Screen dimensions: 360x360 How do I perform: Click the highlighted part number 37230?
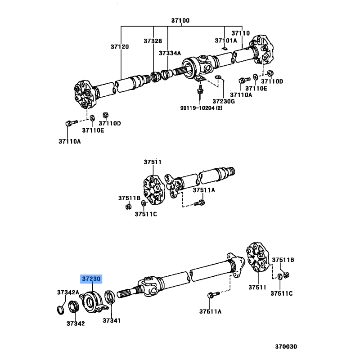(x=91, y=279)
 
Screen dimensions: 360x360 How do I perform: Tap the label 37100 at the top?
(x=180, y=21)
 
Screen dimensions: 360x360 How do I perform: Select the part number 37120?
(x=120, y=47)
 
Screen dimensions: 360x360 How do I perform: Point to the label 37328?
(x=153, y=41)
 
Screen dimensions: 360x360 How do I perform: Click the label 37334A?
(x=170, y=53)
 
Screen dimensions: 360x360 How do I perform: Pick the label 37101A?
(x=226, y=40)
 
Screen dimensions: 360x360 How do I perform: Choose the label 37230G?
(x=224, y=101)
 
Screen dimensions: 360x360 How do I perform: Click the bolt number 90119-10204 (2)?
(x=201, y=108)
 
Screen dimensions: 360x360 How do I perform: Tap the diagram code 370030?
(x=286, y=346)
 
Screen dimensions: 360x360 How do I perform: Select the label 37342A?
(x=68, y=292)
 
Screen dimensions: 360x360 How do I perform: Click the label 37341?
(x=111, y=320)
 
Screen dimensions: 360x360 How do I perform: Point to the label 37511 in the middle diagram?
(x=153, y=162)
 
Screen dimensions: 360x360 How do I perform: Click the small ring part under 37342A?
(x=60, y=310)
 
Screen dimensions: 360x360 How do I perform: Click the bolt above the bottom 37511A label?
(x=213, y=295)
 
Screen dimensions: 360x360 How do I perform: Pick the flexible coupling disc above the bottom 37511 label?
(x=257, y=256)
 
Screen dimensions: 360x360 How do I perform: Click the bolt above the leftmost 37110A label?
(x=72, y=123)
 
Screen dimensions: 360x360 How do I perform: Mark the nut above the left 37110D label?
(x=106, y=115)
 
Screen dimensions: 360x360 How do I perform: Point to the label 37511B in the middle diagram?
(x=129, y=198)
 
